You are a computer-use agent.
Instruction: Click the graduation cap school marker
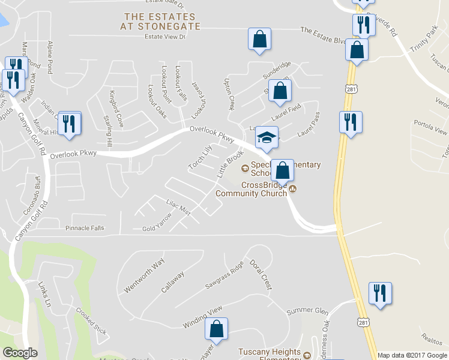coord(267,138)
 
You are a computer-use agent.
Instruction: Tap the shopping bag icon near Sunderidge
coord(280,91)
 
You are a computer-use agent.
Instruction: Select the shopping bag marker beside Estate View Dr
coord(259,39)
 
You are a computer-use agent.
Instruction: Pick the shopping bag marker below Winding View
coord(216,329)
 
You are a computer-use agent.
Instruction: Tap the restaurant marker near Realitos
coord(380,293)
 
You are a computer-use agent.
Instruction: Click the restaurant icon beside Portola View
coord(349,122)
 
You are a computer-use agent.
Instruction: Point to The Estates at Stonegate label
coord(159,21)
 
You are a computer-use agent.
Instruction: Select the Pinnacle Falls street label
coord(85,228)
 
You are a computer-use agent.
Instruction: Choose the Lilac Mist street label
coord(177,208)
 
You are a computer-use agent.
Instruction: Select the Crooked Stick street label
coord(91,321)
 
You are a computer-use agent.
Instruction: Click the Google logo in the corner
coord(20,353)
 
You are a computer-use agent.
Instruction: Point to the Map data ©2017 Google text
coord(411,355)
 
